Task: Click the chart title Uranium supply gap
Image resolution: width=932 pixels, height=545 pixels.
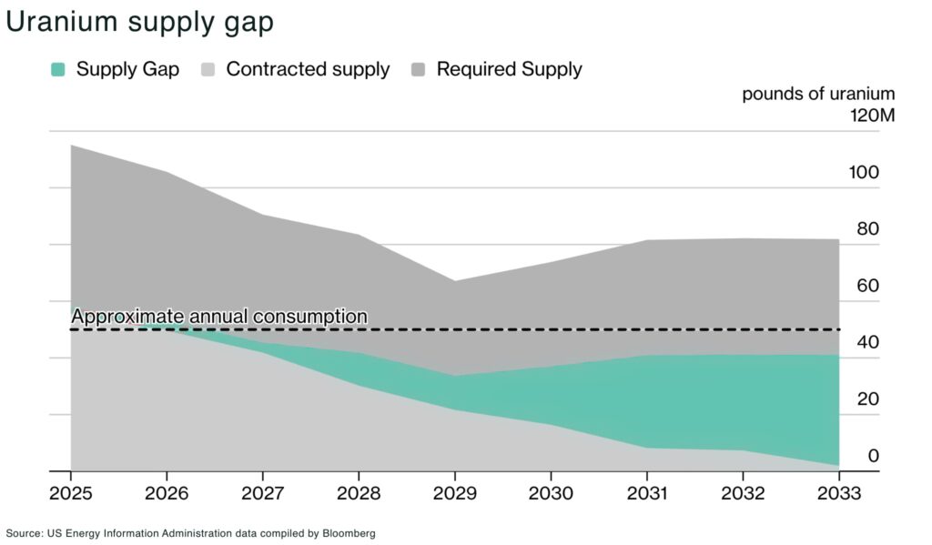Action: coord(139,22)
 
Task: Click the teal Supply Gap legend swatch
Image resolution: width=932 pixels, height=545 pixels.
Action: coord(58,69)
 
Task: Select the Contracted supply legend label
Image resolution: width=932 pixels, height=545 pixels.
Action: coord(308,69)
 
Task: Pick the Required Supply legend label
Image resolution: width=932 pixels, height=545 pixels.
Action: coord(509,69)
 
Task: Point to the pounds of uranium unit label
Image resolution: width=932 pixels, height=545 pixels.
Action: coord(818,94)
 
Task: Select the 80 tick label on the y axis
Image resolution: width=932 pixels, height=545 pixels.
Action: coord(867,229)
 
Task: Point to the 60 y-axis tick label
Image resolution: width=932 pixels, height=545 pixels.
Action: coord(867,286)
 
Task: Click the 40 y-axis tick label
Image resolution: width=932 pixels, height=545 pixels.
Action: coord(867,343)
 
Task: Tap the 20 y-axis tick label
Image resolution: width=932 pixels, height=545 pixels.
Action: coord(867,399)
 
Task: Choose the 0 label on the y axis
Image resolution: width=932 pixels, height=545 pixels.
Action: coord(873,456)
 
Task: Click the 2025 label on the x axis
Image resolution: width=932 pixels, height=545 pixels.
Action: coord(71,493)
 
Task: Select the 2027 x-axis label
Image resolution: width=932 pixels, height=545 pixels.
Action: coord(262,493)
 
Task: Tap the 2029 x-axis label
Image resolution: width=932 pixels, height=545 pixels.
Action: coord(454,493)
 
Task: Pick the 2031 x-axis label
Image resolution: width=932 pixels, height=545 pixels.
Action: coord(646,493)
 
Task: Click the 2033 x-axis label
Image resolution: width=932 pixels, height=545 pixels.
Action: coord(838,493)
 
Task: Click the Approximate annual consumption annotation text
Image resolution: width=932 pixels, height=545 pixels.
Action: coord(219,317)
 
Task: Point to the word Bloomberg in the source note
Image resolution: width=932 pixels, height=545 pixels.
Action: coord(349,533)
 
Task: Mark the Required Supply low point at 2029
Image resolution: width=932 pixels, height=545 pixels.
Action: coord(454,281)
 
